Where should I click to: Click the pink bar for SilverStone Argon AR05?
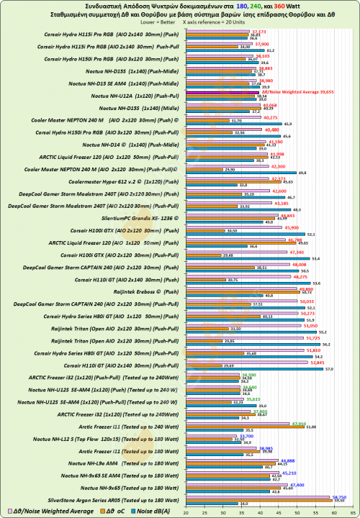(260, 495)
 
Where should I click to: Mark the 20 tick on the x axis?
(186, 512)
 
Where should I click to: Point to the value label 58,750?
(342, 496)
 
